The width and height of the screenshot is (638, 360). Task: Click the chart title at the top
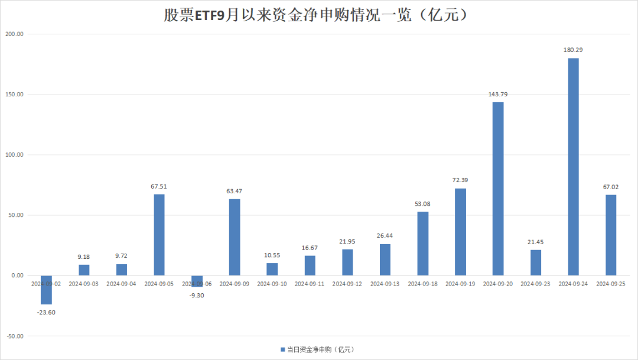tap(318, 15)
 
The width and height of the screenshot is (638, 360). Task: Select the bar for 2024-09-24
tap(573, 167)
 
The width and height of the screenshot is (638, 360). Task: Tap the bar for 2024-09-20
tap(498, 189)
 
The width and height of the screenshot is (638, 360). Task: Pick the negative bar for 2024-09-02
tap(46, 290)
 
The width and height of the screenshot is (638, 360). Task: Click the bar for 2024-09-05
tap(159, 235)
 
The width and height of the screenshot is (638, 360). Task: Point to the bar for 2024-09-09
tap(235, 237)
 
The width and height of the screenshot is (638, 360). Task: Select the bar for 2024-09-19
tap(460, 232)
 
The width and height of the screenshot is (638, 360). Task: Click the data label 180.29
tap(573, 50)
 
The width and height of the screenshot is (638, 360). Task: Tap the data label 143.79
tap(498, 95)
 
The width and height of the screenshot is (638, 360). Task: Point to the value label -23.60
tap(46, 313)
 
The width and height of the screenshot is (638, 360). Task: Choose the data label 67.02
tap(610, 187)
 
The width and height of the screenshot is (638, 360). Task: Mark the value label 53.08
tap(422, 204)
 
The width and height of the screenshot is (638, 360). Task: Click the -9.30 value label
tap(197, 295)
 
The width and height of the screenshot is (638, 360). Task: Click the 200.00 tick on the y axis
tap(14, 34)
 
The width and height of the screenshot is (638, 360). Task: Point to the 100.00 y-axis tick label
tap(14, 155)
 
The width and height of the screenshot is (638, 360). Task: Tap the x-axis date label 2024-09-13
tap(385, 284)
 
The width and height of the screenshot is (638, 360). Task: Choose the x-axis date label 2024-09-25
tap(610, 284)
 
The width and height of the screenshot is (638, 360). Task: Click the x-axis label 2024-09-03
tap(83, 284)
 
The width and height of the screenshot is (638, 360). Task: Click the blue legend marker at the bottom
tap(282, 349)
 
